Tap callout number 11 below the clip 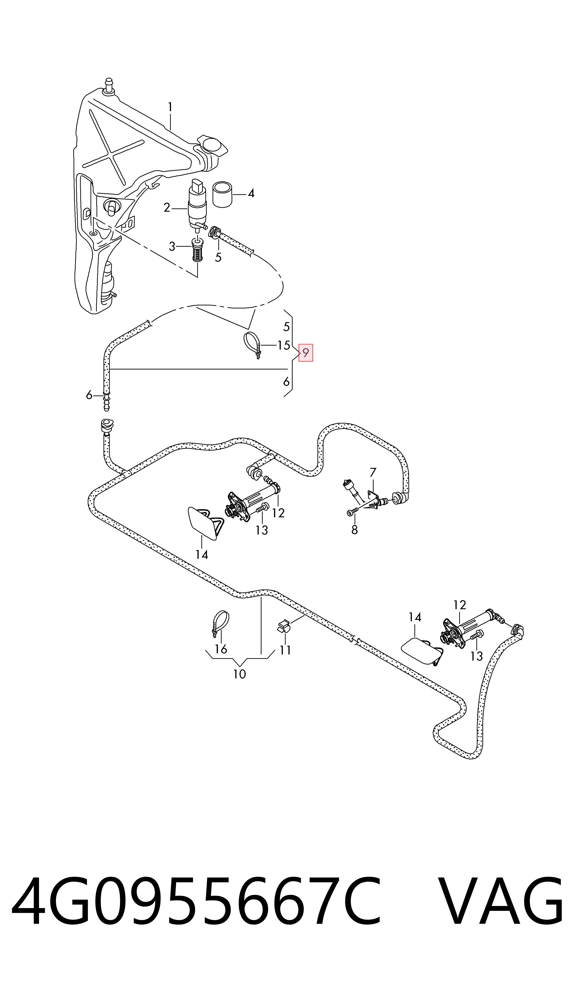tap(285, 650)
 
